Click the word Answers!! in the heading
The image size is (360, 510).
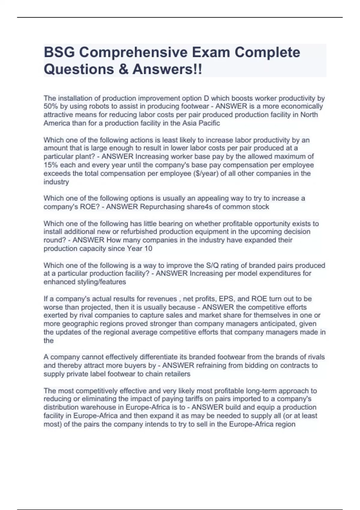(x=167, y=69)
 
